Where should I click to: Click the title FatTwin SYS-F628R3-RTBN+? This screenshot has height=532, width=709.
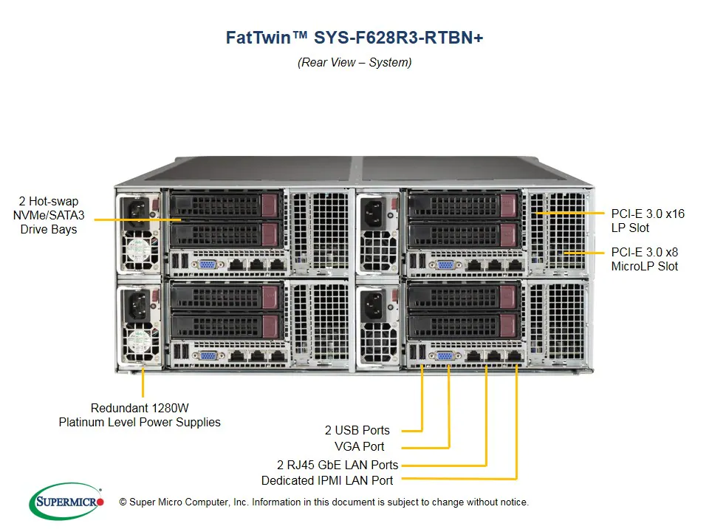point(354,38)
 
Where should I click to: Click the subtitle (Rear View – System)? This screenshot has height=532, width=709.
point(354,62)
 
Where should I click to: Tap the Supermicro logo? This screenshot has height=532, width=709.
point(66,502)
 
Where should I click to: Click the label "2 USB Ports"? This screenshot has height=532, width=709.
point(357,430)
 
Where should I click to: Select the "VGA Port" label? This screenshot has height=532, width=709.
point(359,446)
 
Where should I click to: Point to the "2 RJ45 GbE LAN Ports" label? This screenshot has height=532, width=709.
point(338,465)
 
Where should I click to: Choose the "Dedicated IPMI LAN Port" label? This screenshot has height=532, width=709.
point(327,480)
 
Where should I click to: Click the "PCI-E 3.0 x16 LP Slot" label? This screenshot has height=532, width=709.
point(648,221)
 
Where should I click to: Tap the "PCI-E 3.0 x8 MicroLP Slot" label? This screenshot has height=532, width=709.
point(644,259)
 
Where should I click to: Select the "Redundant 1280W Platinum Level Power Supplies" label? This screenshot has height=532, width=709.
point(140,415)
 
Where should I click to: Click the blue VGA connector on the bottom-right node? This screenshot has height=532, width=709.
point(445,355)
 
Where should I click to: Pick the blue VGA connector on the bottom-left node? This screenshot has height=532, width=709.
point(208,355)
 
